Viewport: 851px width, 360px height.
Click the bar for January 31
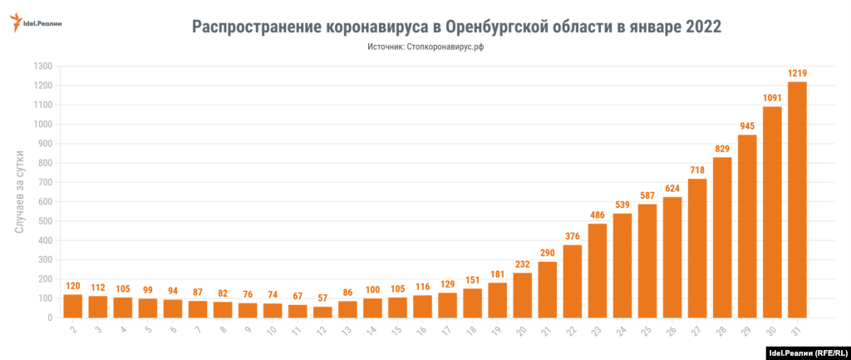(797, 200)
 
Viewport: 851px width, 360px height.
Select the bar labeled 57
(322, 312)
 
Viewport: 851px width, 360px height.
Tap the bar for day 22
(573, 281)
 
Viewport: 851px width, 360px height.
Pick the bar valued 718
(697, 248)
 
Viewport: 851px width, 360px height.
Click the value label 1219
(797, 73)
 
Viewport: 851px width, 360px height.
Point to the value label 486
(598, 215)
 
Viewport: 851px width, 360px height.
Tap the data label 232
(523, 264)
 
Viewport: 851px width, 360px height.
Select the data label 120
(73, 286)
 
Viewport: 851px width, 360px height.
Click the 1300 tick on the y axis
(43, 67)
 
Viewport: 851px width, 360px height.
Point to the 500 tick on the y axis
(46, 221)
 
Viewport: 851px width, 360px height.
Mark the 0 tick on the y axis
(50, 318)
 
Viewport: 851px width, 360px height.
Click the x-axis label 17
(447, 331)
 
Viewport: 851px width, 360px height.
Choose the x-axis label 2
(73, 331)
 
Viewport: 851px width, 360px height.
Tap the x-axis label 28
(721, 331)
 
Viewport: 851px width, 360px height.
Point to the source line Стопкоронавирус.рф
(447, 48)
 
